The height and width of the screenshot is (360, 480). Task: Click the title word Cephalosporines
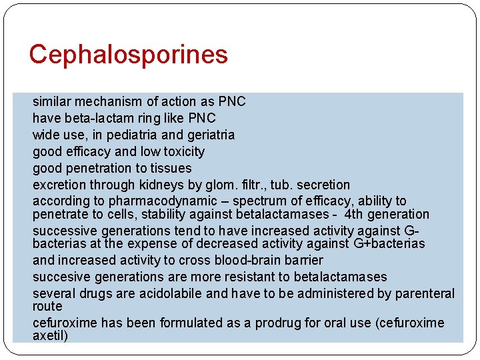click(x=128, y=55)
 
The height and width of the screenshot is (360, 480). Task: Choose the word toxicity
click(x=182, y=152)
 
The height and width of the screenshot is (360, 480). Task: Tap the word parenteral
click(x=425, y=293)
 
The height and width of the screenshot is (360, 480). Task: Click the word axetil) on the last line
click(x=51, y=336)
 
